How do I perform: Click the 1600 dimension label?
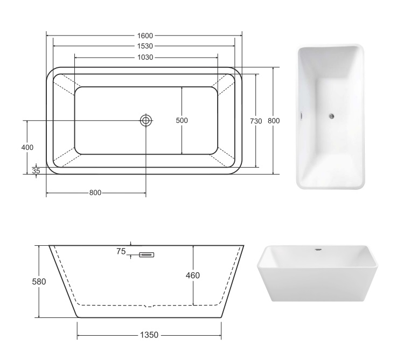145,36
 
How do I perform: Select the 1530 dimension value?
145,46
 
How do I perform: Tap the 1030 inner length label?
145,57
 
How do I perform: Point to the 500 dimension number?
182,120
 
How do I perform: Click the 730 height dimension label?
256,121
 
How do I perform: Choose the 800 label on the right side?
274,121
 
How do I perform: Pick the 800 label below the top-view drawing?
95,193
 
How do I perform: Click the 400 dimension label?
27,148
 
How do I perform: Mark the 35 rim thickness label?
36,171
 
